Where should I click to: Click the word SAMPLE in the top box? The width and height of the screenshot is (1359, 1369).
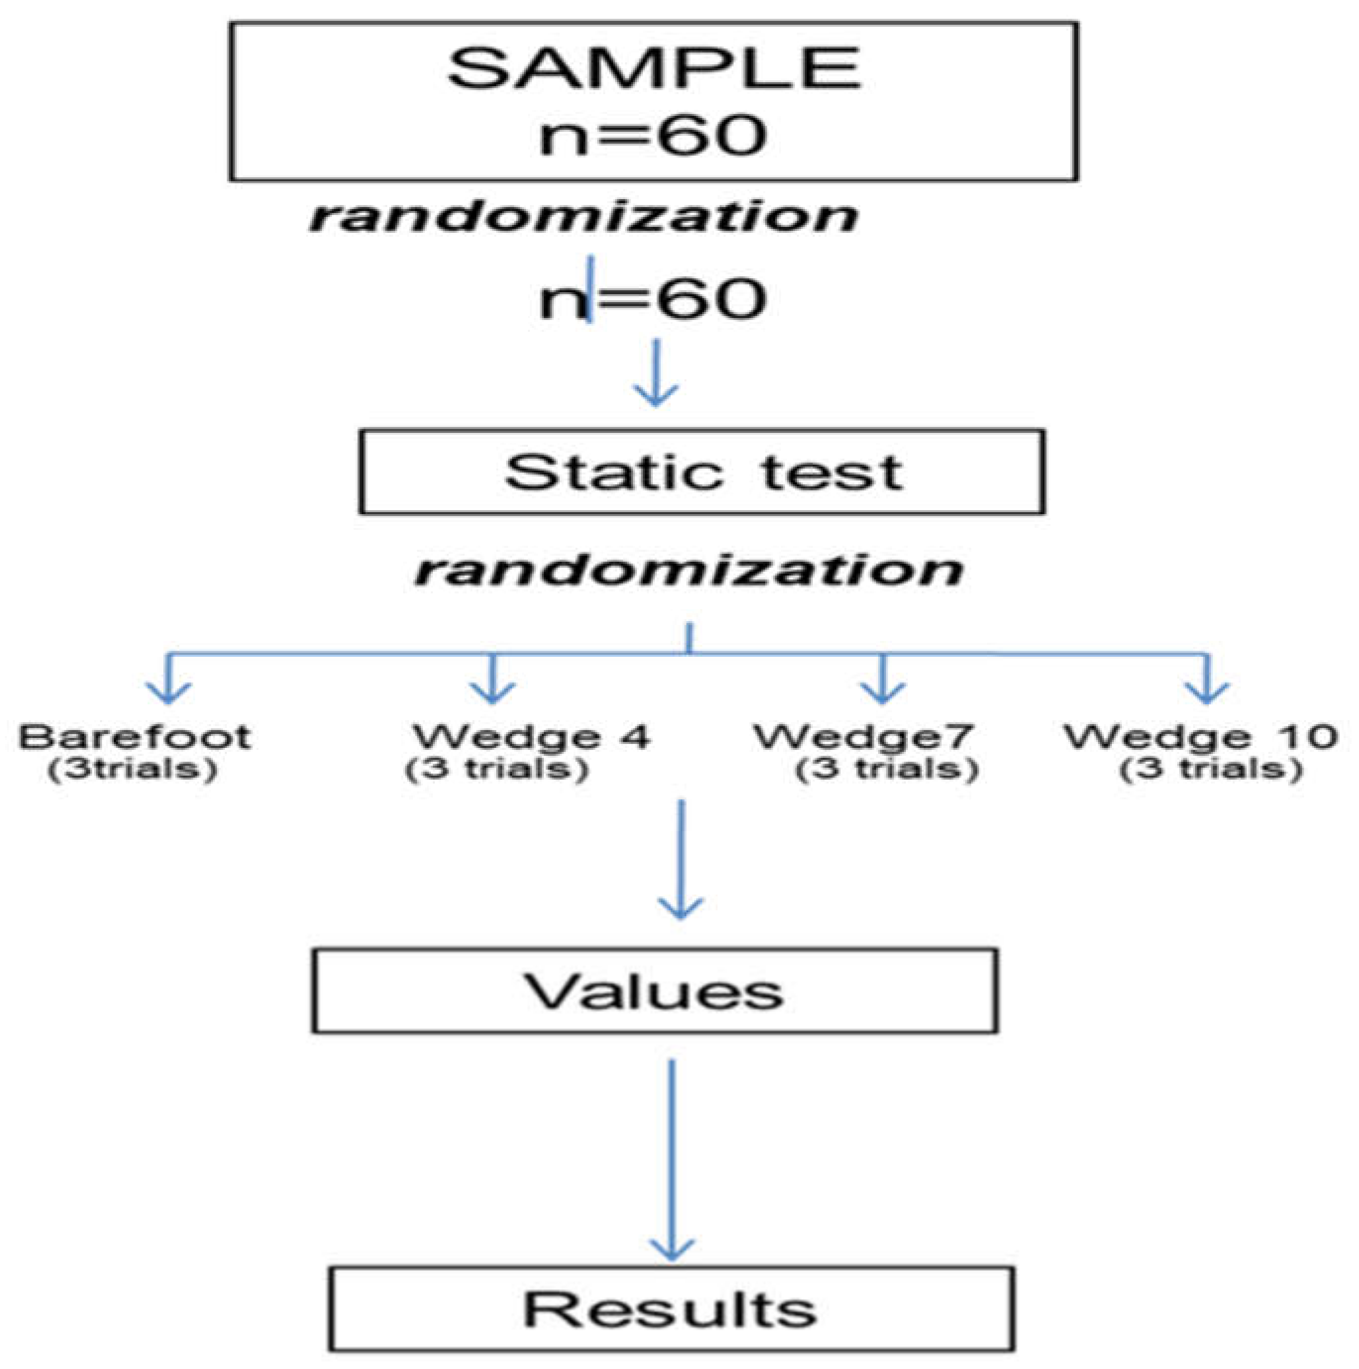pos(653,69)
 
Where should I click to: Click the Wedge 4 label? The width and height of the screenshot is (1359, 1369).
pos(531,737)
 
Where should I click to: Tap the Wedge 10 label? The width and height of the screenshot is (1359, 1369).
pos(1201,737)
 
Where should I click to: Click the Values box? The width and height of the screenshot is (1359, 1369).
pos(655,991)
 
